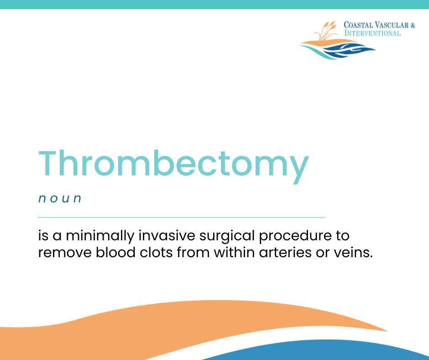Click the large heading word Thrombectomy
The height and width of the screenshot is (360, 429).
click(x=173, y=165)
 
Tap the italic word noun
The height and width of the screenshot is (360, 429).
click(x=60, y=198)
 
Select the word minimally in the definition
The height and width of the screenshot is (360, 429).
click(x=100, y=236)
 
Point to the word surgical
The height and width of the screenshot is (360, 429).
click(x=227, y=236)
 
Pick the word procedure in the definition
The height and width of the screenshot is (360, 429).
click(x=295, y=236)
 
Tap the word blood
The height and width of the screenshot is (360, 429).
click(x=115, y=252)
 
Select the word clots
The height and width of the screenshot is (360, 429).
click(x=156, y=252)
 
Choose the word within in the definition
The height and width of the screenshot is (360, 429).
click(x=234, y=252)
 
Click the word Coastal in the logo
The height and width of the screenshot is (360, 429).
click(x=358, y=25)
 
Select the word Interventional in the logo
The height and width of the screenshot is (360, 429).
click(x=372, y=33)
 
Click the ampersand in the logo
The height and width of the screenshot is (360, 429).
click(x=413, y=25)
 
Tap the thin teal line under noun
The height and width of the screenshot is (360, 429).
click(x=182, y=217)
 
